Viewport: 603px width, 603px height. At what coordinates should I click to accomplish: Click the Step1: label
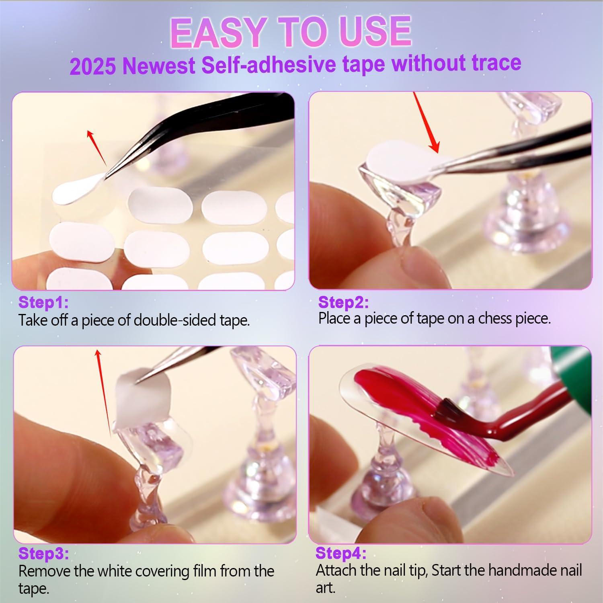pos(43,302)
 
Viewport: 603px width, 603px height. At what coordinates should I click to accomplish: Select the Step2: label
pos(343,302)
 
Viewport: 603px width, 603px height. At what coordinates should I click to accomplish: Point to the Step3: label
pos(43,554)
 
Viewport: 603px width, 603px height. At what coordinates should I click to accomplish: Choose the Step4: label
pos(341,553)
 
